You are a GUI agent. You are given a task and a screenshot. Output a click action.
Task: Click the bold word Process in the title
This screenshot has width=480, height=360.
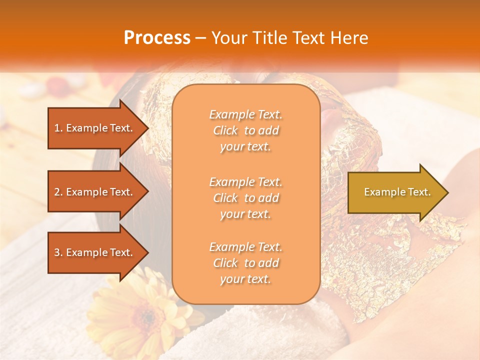pyautogui.click(x=157, y=38)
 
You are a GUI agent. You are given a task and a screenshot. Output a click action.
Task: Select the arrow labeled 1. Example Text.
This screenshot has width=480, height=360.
pyautogui.click(x=95, y=128)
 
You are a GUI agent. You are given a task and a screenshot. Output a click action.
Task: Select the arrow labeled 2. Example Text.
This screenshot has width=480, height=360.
pyautogui.click(x=95, y=192)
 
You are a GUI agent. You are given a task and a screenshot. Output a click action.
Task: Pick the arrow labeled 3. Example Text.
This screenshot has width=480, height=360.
pyautogui.click(x=95, y=252)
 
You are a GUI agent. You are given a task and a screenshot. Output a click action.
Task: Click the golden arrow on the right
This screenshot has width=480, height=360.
pyautogui.click(x=395, y=192)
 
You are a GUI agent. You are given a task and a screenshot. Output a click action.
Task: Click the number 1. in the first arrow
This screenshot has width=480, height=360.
pyautogui.click(x=58, y=128)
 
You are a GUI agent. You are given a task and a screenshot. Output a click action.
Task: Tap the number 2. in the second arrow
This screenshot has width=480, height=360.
pyautogui.click(x=58, y=192)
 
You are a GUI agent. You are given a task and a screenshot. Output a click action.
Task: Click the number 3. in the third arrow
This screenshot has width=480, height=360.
pyautogui.click(x=58, y=252)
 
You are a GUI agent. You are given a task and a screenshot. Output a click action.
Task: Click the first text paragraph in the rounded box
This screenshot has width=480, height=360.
pyautogui.click(x=245, y=130)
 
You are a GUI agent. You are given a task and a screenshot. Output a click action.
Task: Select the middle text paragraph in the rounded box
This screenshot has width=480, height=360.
pyautogui.click(x=245, y=198)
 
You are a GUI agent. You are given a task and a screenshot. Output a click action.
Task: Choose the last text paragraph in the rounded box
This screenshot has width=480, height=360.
pyautogui.click(x=245, y=263)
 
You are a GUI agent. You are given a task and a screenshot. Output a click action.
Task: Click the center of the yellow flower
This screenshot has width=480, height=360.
pyautogui.click(x=145, y=316)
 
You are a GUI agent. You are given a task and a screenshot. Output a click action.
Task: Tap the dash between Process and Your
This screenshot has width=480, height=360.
pyautogui.click(x=200, y=38)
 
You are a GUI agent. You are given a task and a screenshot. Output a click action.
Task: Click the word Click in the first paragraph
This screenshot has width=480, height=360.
pyautogui.click(x=225, y=131)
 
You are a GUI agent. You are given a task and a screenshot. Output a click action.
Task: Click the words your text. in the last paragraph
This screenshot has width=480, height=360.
pyautogui.click(x=245, y=279)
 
